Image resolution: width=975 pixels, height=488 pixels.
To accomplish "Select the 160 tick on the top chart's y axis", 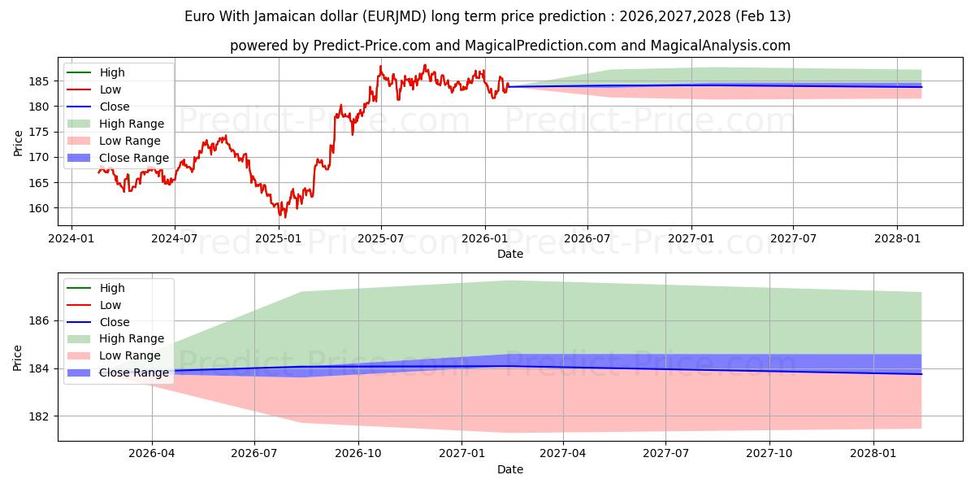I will click(42, 208).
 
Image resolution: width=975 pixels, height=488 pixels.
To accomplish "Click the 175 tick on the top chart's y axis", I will click(42, 132).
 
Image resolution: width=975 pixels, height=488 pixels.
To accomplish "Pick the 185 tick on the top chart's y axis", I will click(42, 81).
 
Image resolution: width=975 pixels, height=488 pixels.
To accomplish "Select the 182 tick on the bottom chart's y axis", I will click(42, 416).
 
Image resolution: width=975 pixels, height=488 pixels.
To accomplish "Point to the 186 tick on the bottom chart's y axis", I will click(42, 321).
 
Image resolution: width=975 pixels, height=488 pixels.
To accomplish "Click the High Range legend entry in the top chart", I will click(132, 124).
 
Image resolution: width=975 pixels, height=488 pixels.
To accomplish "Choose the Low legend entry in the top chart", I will click(111, 89).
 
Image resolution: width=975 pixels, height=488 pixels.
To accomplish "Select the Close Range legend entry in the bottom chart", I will click(134, 373).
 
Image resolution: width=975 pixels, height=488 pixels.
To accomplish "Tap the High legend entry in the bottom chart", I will click(112, 288).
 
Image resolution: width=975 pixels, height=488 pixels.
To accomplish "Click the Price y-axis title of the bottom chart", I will click(18, 356).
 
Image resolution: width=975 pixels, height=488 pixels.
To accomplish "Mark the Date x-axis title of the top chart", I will click(510, 254).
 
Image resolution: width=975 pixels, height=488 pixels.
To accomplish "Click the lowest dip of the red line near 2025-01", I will click(284, 217).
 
